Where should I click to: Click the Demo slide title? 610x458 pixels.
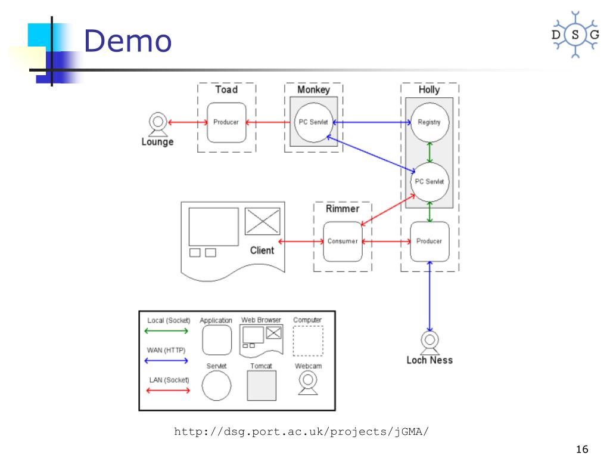(127, 41)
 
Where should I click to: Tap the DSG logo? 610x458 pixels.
(575, 35)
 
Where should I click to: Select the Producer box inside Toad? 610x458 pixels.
(226, 122)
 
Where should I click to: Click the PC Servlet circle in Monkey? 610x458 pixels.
(314, 122)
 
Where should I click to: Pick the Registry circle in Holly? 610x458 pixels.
(429, 122)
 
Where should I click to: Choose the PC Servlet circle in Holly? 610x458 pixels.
(429, 181)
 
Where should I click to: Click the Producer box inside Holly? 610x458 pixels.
(429, 241)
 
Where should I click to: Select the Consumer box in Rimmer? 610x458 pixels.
(343, 241)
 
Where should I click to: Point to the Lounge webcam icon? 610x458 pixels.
(158, 123)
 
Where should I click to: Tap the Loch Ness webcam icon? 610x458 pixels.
(430, 342)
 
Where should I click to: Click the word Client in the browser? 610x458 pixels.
(262, 250)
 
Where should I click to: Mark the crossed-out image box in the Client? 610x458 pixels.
(263, 221)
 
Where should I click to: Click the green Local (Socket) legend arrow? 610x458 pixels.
(167, 331)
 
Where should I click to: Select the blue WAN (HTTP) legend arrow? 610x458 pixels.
(167, 361)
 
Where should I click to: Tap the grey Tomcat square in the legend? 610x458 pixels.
(262, 385)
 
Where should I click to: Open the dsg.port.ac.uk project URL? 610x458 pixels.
(301, 431)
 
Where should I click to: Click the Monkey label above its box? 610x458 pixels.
(313, 89)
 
